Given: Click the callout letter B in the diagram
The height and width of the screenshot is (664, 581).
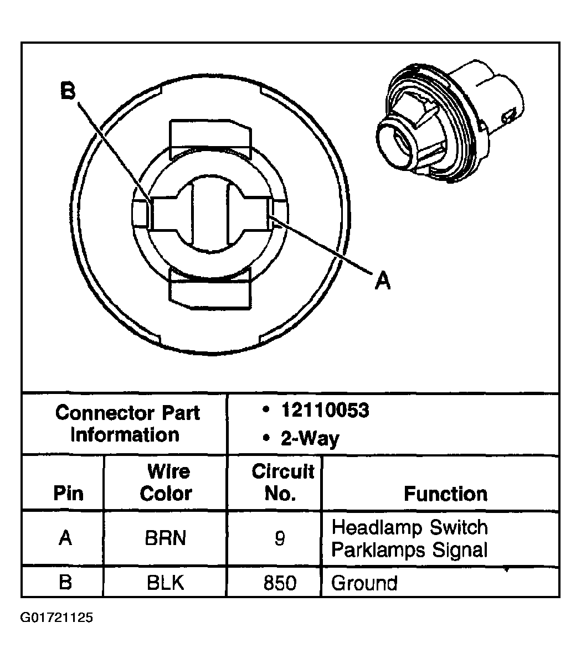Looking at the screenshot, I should pyautogui.click(x=68, y=91).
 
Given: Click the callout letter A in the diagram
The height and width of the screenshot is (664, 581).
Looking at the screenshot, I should pyautogui.click(x=382, y=281).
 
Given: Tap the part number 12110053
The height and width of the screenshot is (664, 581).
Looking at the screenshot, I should pyautogui.click(x=325, y=411).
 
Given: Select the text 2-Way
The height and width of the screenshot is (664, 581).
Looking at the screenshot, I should pyautogui.click(x=310, y=439).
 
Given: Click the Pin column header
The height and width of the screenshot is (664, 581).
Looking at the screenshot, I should pyautogui.click(x=68, y=494).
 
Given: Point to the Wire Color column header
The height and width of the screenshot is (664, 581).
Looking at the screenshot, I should pyautogui.click(x=166, y=483).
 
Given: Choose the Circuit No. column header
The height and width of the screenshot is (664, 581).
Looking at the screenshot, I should pyautogui.click(x=282, y=483).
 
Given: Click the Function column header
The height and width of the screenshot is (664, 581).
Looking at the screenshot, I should pyautogui.click(x=445, y=494).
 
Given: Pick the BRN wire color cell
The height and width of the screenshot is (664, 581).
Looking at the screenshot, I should pyautogui.click(x=166, y=538).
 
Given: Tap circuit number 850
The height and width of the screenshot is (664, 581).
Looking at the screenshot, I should pyautogui.click(x=280, y=583).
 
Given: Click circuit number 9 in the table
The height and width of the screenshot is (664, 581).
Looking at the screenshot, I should pyautogui.click(x=280, y=538).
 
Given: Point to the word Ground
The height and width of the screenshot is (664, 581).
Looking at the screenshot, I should pyautogui.click(x=364, y=583).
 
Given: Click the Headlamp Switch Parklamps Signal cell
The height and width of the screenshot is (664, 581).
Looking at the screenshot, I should pyautogui.click(x=410, y=538).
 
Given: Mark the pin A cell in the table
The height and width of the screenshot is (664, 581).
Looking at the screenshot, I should pyautogui.click(x=65, y=538).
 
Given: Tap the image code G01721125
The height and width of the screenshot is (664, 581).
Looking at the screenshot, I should pyautogui.click(x=56, y=617).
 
